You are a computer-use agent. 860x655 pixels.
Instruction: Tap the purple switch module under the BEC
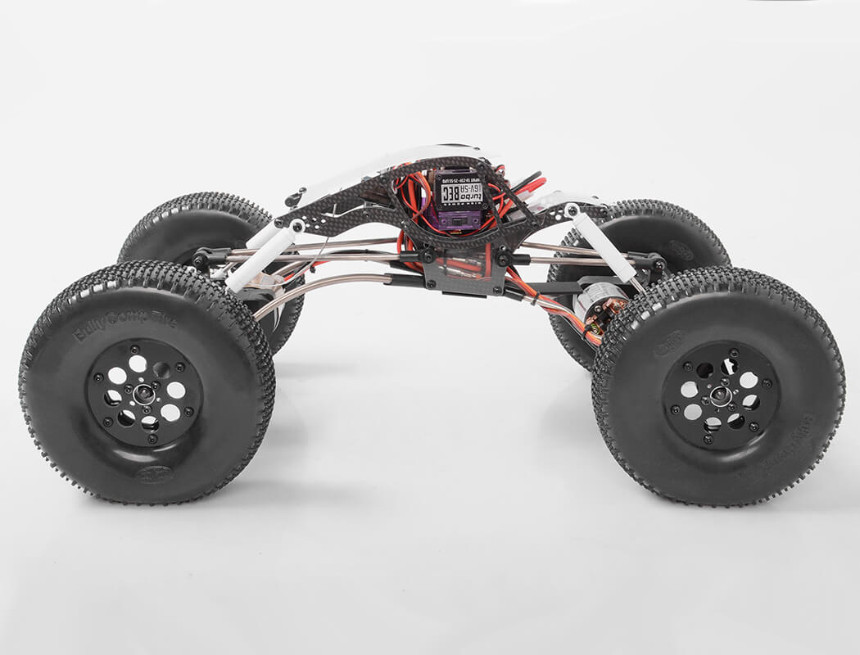pos(459,219)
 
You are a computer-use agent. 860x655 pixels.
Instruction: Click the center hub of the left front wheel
pos(144,393)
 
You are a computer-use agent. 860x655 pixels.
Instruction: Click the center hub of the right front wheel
pos(720,395)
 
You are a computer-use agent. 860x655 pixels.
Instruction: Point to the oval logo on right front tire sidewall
pos(668,344)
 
